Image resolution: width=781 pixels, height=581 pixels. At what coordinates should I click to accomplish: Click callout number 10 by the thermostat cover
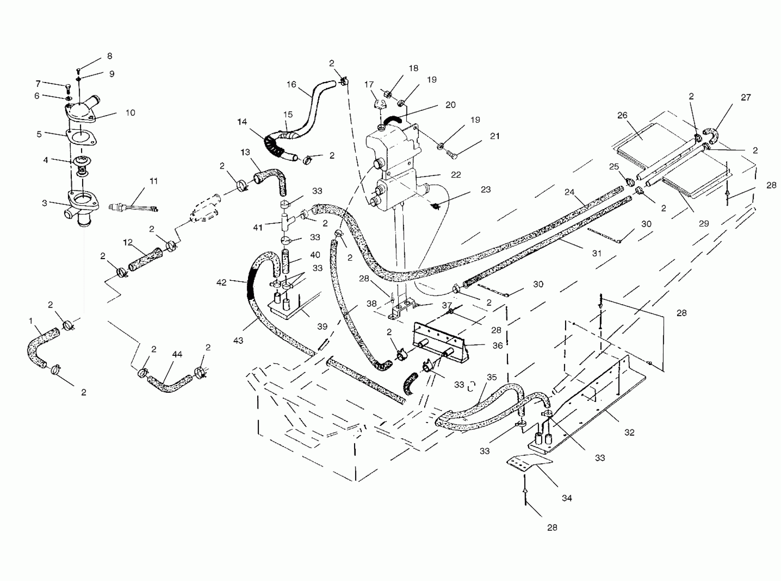(x=130, y=113)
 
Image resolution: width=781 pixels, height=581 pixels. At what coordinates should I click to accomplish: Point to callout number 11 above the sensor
(x=154, y=181)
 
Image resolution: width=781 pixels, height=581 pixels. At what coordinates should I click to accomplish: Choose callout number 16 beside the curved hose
(x=291, y=84)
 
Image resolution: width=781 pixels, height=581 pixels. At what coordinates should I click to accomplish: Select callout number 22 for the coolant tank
(x=456, y=175)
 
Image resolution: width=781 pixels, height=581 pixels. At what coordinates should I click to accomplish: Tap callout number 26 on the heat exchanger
(x=622, y=116)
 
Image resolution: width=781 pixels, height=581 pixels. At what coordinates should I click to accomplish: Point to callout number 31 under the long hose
(x=597, y=253)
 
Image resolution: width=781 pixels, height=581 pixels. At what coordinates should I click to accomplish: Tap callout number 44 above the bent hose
(x=177, y=354)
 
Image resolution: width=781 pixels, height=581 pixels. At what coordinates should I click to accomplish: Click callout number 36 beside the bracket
(x=497, y=346)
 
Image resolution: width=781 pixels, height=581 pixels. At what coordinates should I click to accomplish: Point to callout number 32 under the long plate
(x=629, y=432)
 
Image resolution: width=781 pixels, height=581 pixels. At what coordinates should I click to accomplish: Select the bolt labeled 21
(x=452, y=154)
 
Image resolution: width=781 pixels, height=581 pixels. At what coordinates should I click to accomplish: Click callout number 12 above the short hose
(x=127, y=242)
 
